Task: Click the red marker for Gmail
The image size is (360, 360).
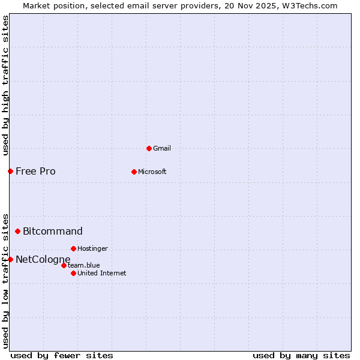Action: [149, 148]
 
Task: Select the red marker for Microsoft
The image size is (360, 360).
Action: [134, 172]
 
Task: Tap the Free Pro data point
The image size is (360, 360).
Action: [10, 172]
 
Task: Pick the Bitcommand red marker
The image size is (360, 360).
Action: [17, 231]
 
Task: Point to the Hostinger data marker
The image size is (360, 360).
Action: [73, 248]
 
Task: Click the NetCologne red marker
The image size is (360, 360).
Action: [10, 259]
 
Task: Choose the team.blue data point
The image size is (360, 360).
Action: [64, 265]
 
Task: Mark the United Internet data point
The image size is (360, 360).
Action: [73, 273]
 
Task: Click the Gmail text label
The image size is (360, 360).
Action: [162, 148]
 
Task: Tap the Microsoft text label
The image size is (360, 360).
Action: [152, 172]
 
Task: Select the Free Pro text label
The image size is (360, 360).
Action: [35, 172]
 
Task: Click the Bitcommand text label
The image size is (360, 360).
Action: [53, 231]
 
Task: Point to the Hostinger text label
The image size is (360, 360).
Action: [92, 248]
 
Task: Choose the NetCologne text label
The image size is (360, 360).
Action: [43, 259]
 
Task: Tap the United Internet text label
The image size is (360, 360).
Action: [102, 273]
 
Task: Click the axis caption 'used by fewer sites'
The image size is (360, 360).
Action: [62, 355]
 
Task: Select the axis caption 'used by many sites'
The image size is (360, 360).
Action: [301, 355]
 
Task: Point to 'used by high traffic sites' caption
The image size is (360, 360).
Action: [5, 85]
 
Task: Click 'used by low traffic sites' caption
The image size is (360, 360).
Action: [5, 280]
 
